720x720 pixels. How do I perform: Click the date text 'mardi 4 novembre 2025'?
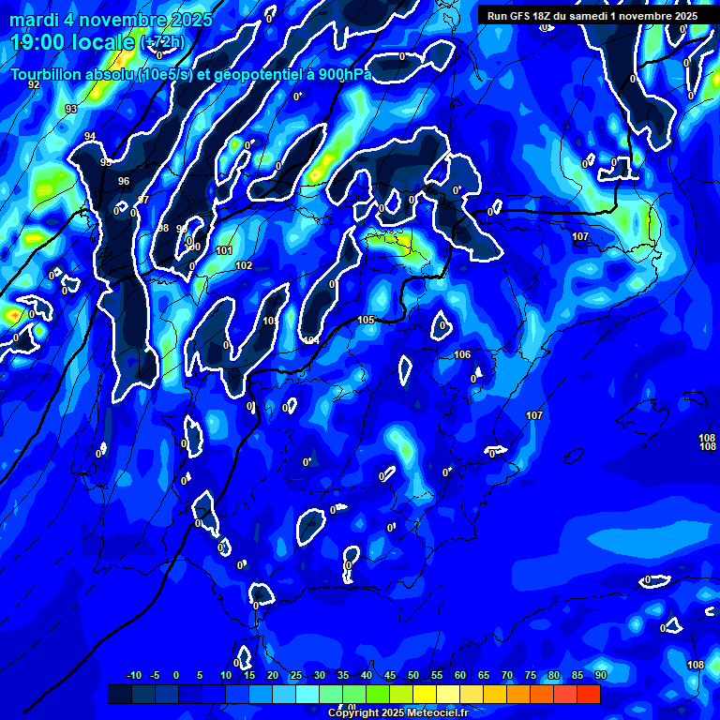pyautogui.click(x=112, y=20)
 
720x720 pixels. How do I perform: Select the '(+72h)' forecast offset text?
pyautogui.click(x=163, y=42)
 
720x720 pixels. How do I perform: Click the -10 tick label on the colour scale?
pyautogui.click(x=134, y=675)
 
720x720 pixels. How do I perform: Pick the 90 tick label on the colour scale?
pyautogui.click(x=600, y=675)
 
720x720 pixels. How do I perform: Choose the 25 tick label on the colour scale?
pyautogui.click(x=296, y=675)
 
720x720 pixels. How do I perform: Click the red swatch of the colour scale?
pyautogui.click(x=588, y=694)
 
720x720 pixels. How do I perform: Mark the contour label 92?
pyautogui.click(x=34, y=85)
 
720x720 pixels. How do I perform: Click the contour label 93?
pyautogui.click(x=71, y=110)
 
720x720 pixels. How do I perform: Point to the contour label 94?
pyautogui.click(x=90, y=137)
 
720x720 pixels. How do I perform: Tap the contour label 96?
pyautogui.click(x=124, y=181)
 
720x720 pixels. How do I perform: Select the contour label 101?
pyautogui.click(x=224, y=251)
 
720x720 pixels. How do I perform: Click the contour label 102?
pyautogui.click(x=244, y=266)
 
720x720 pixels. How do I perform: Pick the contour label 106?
pyautogui.click(x=462, y=355)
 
